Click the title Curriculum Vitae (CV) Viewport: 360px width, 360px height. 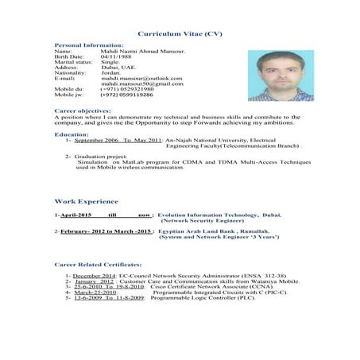[x=180, y=37]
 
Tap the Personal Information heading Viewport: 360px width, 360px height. [x=88, y=46]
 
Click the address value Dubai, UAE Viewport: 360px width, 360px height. [x=118, y=68]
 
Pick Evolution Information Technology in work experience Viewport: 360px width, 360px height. [x=207, y=215]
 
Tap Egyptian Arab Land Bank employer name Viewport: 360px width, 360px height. [x=206, y=230]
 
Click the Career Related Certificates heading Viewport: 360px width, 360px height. [x=98, y=262]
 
